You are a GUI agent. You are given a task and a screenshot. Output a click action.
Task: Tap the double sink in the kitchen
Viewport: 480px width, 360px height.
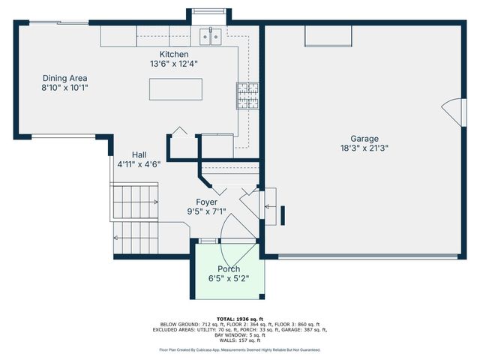pos(209,35)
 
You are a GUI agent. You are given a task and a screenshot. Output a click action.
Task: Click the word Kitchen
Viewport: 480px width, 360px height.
pos(173,54)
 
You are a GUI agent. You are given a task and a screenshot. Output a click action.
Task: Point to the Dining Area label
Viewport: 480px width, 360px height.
pos(64,78)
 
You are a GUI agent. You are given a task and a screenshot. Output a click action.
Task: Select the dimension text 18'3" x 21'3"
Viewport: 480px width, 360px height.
pos(364,148)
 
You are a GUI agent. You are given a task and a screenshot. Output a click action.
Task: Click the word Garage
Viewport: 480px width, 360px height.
pos(364,138)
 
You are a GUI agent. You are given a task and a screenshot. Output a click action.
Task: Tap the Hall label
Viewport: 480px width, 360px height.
pos(139,154)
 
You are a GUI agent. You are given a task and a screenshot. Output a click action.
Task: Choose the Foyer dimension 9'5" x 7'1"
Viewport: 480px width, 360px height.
pos(206,211)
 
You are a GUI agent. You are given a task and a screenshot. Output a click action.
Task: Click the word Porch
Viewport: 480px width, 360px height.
pos(229,269)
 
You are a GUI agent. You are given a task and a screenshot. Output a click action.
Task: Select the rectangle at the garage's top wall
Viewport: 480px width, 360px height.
pos(328,36)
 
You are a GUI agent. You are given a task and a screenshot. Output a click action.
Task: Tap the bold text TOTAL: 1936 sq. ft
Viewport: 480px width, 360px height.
pos(239,318)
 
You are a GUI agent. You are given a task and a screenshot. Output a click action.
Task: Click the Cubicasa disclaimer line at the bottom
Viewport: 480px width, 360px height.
pos(239,349)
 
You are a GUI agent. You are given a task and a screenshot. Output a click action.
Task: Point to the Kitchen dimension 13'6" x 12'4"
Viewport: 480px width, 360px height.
pos(173,64)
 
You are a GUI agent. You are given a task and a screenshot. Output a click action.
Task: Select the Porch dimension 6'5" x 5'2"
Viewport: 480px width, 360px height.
pos(229,279)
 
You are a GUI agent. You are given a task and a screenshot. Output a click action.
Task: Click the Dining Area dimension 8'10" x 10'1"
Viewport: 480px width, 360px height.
pos(64,88)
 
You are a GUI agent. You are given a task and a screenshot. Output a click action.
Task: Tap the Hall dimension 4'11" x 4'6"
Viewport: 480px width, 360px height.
pos(139,163)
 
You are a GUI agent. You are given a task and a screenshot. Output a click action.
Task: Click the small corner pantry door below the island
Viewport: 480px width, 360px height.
pos(181,133)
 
